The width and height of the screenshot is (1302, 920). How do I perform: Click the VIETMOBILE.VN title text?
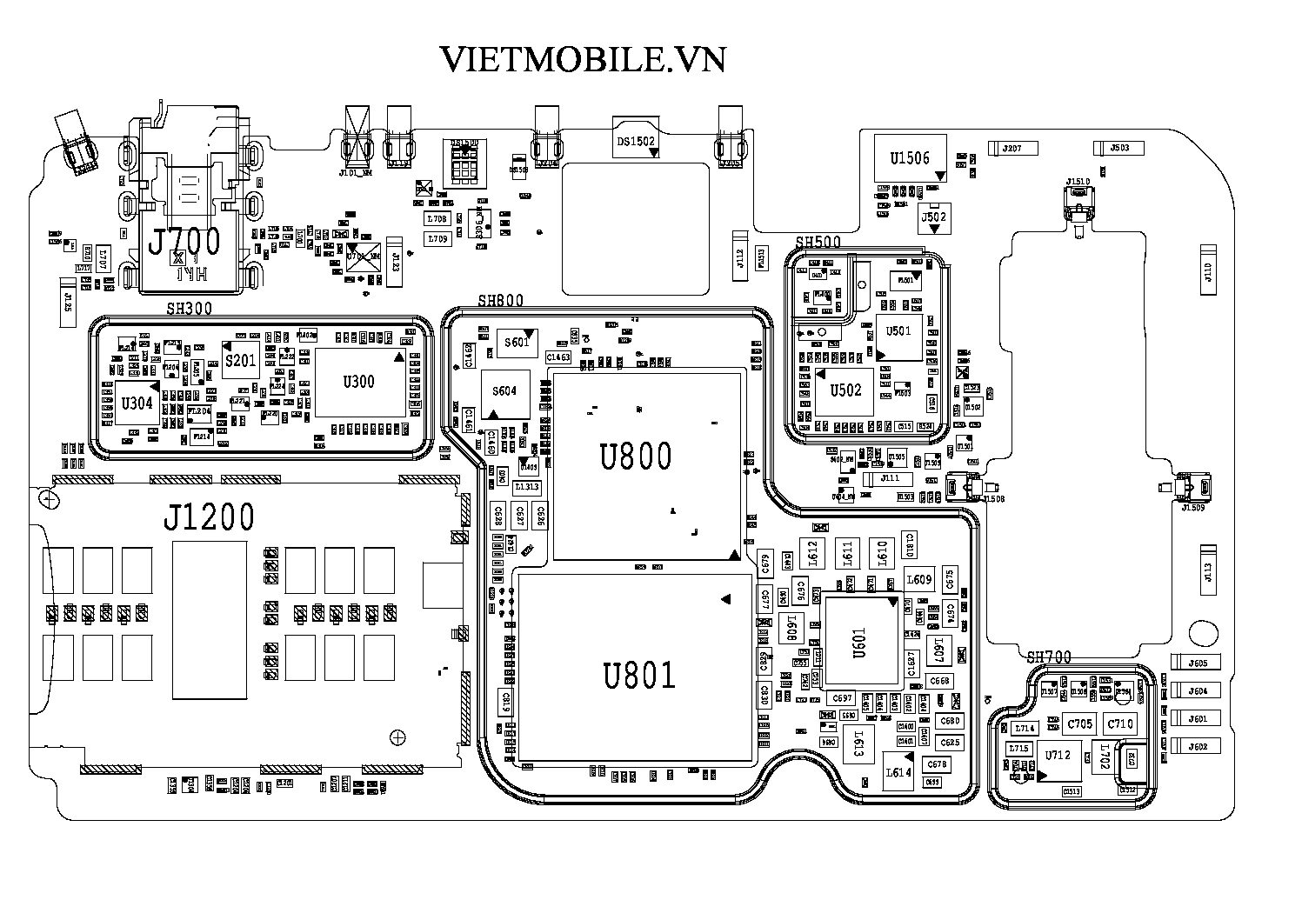(582, 59)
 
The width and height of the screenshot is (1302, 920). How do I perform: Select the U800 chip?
(636, 456)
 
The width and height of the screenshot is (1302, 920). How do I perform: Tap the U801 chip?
(639, 674)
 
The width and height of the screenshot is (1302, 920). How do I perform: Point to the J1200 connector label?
(209, 519)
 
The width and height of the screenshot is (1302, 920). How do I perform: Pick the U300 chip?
(358, 382)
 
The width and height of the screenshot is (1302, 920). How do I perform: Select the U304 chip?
(137, 403)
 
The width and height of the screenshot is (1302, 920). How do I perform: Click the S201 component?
(240, 360)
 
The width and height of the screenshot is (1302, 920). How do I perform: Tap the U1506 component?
(909, 158)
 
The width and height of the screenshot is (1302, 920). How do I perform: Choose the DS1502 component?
(636, 142)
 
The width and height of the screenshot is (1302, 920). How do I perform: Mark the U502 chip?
(845, 390)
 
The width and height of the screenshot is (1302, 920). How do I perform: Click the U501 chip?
(898, 331)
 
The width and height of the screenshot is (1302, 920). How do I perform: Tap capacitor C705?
(1080, 723)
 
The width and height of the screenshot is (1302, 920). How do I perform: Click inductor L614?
(898, 770)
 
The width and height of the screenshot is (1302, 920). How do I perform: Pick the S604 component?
(504, 391)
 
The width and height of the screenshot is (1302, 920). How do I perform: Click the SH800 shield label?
(500, 301)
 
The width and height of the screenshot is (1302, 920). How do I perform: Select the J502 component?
(933, 217)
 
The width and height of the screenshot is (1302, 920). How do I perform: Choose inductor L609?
(919, 580)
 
